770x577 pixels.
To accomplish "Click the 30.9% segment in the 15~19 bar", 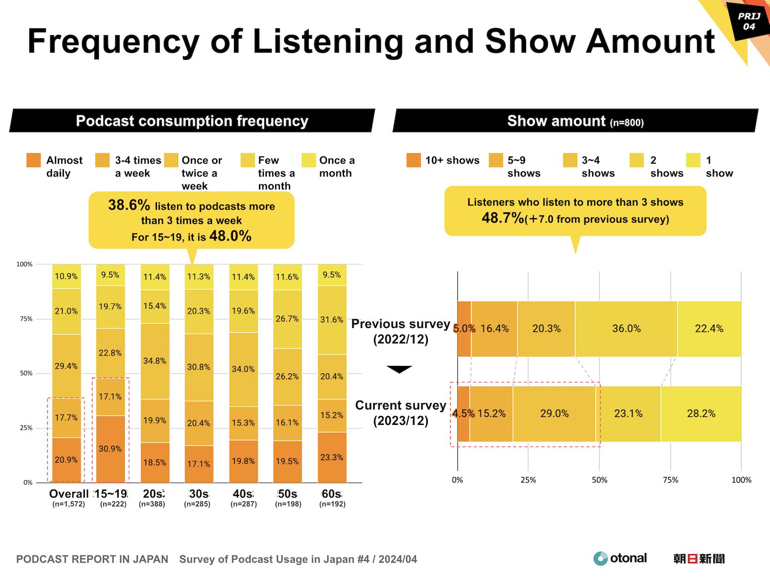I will [110, 449].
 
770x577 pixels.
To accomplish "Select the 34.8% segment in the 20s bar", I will [154, 361].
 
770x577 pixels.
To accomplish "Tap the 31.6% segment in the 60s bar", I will [332, 320].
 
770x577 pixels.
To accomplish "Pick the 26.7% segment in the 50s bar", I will [287, 319].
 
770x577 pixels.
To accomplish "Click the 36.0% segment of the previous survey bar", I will [626, 329].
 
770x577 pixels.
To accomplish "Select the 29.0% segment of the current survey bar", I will [554, 413].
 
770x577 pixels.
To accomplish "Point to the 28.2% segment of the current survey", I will [701, 413].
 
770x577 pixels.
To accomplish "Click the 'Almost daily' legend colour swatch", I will [34, 161].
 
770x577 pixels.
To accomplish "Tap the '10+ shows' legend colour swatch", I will [413, 161].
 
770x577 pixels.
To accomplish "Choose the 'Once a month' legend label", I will [337, 166].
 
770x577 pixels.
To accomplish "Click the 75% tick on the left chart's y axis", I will [26, 319].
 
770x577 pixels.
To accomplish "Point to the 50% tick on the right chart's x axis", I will [599, 480].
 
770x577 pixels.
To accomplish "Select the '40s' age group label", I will [243, 494].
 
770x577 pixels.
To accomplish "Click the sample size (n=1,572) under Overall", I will [69, 504].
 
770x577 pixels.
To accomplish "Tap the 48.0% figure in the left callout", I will [231, 236].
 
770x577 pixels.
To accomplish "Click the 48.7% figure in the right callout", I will [502, 218].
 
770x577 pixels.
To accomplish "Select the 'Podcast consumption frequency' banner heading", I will [192, 121].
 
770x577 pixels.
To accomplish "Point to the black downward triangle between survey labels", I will [399, 369].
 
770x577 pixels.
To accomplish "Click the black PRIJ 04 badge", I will [749, 21].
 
